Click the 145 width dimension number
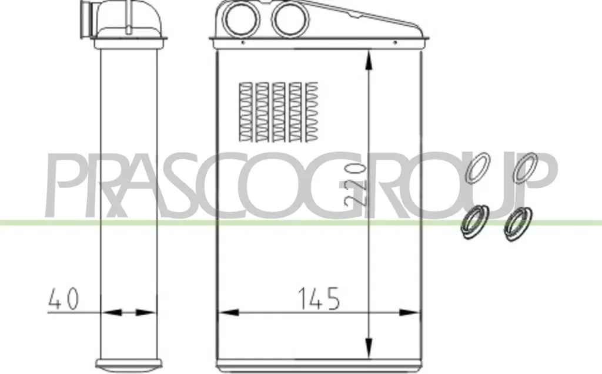pyautogui.click(x=319, y=298)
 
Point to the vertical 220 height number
pyautogui.click(x=353, y=184)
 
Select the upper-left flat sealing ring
pyautogui.click(x=478, y=168)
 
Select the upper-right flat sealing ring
pyautogui.click(x=525, y=168)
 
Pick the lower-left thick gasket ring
pyautogui.click(x=475, y=222)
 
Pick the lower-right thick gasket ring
pyautogui.click(x=518, y=224)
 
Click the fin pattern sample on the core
pyautogui.click(x=279, y=112)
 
